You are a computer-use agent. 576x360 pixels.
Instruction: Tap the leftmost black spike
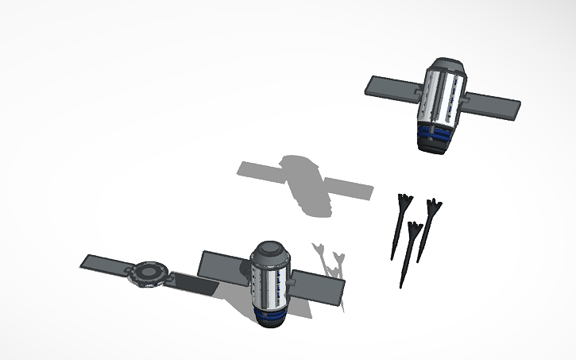[398, 226]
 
